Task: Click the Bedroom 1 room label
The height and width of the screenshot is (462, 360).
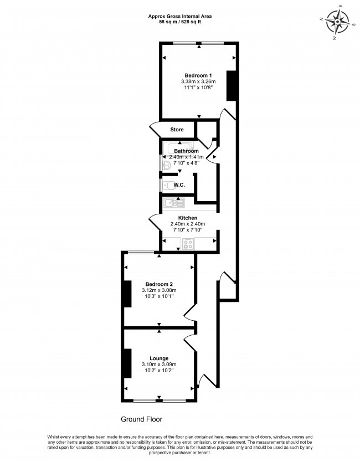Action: click(198, 75)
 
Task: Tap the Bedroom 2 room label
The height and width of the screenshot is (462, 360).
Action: click(159, 284)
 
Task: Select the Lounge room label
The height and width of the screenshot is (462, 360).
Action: click(159, 358)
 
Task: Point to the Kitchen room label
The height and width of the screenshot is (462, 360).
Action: click(188, 218)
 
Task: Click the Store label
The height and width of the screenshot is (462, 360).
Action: click(177, 130)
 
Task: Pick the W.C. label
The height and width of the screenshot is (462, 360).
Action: click(179, 185)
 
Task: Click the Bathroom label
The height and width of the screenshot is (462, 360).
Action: click(186, 151)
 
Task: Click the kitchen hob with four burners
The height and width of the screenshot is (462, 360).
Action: click(188, 242)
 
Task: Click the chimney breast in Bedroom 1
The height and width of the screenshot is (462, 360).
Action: click(232, 86)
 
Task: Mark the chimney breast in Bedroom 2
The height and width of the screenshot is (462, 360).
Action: click(127, 294)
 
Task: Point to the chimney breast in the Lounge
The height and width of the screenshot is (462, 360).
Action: click(127, 363)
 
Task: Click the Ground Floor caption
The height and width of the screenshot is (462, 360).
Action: click(141, 419)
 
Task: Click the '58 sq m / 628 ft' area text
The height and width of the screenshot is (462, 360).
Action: click(179, 22)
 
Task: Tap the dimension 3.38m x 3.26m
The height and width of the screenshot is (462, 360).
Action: click(198, 82)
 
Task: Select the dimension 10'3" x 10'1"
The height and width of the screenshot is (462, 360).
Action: click(159, 296)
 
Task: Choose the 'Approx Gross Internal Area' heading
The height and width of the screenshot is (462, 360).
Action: click(179, 16)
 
